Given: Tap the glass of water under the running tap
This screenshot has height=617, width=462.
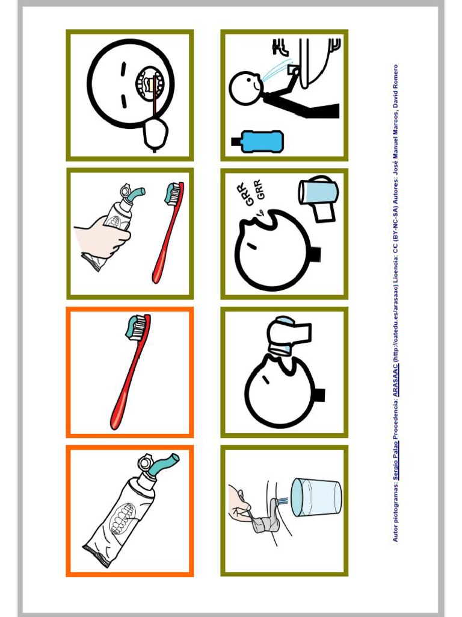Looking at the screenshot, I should click(316, 498).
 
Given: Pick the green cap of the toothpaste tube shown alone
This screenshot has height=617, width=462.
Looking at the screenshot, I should click(165, 463).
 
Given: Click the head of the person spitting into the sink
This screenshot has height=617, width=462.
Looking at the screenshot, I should click(245, 88).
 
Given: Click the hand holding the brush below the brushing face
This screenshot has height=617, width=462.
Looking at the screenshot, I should click(155, 133).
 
